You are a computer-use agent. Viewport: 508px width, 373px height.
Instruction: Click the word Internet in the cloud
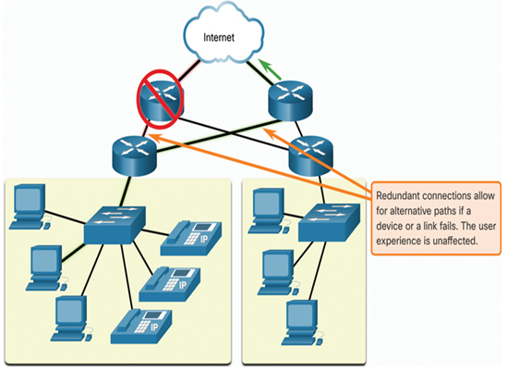click(219, 37)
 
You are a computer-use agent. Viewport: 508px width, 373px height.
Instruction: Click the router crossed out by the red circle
click(160, 101)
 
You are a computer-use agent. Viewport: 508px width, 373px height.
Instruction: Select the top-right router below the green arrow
click(291, 100)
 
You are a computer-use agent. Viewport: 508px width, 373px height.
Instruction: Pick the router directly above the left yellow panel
click(135, 156)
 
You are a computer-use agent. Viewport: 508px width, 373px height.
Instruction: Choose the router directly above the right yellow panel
click(311, 156)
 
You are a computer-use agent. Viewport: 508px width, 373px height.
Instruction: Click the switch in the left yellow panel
click(115, 225)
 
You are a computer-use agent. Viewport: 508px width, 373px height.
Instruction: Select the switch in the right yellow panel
click(329, 222)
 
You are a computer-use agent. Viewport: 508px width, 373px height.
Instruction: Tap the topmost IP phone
click(191, 238)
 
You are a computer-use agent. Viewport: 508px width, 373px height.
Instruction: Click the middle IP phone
click(169, 284)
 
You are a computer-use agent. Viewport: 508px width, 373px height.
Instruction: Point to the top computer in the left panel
click(30, 207)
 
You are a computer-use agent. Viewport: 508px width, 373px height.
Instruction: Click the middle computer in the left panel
click(46, 268)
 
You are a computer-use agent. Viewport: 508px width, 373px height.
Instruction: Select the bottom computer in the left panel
click(71, 318)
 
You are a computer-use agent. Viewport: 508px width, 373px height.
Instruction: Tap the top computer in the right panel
click(268, 211)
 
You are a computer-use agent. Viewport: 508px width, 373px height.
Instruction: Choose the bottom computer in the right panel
click(302, 323)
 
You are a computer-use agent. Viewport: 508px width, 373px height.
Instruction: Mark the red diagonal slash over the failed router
click(160, 99)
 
